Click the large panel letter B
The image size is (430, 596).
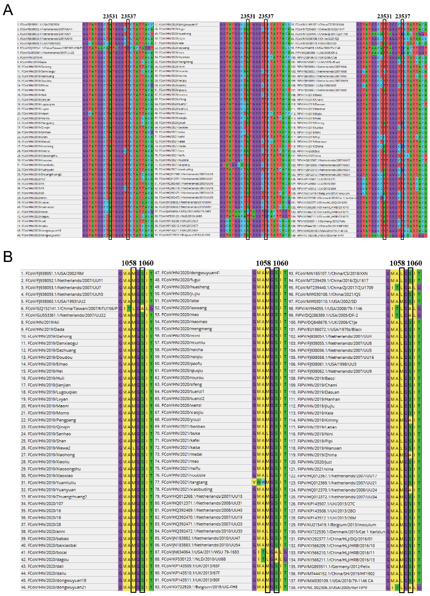click(x=8, y=256)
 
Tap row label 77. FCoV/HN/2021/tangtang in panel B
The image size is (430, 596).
click(x=181, y=482)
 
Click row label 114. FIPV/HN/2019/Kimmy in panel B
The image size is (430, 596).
click(x=313, y=420)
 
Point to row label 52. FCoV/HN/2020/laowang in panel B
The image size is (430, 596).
click(x=181, y=308)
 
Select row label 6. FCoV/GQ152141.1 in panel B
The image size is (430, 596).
click(x=69, y=308)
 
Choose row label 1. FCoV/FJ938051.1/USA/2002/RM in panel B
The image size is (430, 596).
click(x=52, y=273)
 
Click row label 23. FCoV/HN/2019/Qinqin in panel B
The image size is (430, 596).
click(x=45, y=427)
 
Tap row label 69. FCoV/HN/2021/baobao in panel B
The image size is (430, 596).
click(x=180, y=426)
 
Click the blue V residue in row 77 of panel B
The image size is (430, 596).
click(x=254, y=482)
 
